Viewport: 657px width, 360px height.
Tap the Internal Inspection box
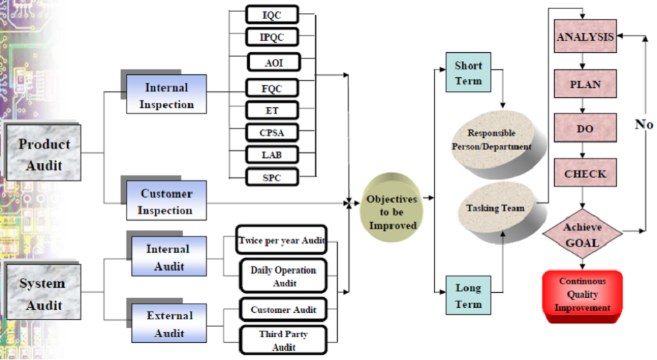coord(166,96)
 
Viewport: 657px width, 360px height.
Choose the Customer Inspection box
coord(166,201)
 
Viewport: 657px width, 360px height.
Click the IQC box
coord(271,14)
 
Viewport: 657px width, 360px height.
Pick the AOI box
coord(273,62)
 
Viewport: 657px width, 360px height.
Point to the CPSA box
coord(271,131)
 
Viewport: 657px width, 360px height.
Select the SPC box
coord(271,176)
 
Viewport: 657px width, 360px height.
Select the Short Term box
coord(468,72)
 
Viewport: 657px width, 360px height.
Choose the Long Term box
coord(468,296)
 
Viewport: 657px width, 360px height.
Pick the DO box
coord(585,129)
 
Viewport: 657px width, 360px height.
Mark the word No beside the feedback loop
coord(644,124)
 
